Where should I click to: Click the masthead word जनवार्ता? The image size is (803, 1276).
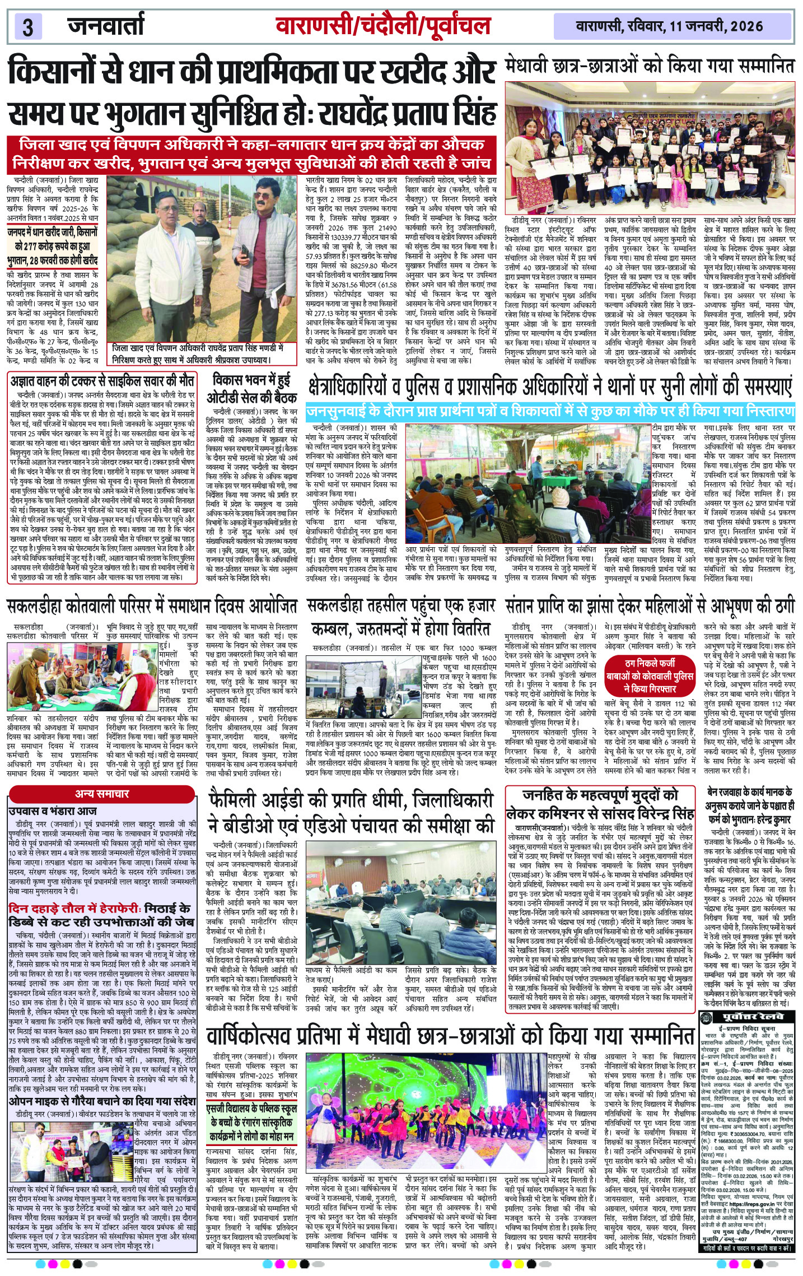coord(105,26)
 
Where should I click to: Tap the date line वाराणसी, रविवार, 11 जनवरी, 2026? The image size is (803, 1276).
coord(669,26)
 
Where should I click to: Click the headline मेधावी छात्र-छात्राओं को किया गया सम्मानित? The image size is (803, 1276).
coord(650,66)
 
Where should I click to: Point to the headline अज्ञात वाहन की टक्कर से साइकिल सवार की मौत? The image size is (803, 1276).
coord(102,382)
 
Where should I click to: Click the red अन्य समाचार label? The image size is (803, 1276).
coord(102,794)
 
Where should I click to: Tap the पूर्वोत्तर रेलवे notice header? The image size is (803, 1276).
coord(750,1017)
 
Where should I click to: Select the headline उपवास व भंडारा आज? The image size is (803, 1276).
coord(53,811)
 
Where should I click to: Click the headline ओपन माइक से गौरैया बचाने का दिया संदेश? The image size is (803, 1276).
coord(102,1101)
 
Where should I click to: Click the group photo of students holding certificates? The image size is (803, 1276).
coord(650,147)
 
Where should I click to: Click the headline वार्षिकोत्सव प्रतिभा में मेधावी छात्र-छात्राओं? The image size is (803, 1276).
coord(451,1036)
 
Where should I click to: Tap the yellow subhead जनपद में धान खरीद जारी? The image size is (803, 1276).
coord(53,245)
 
